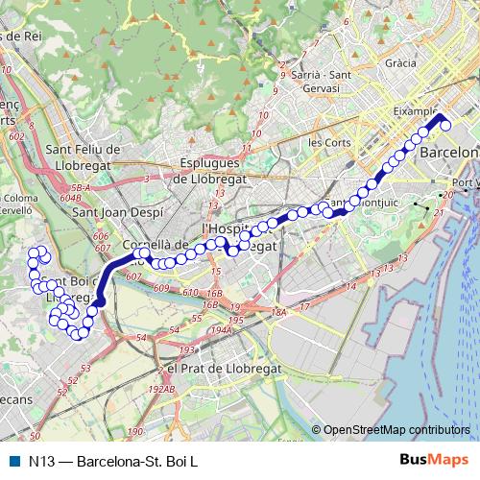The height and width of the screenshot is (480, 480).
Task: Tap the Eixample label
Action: [417, 111]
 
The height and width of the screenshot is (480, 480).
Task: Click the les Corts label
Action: [328, 141]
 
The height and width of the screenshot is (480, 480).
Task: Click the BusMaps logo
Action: [433, 461]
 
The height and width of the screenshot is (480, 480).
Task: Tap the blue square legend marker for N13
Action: [12, 461]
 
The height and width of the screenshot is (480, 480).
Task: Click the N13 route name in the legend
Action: [113, 461]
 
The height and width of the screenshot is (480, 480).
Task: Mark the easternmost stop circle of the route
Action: [445, 125]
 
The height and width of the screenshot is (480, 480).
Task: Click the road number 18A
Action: [278, 312]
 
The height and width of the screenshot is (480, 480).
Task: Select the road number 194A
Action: [222, 329]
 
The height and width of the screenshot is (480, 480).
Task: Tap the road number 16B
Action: [214, 293]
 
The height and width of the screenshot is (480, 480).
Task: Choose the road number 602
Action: [16, 137]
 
